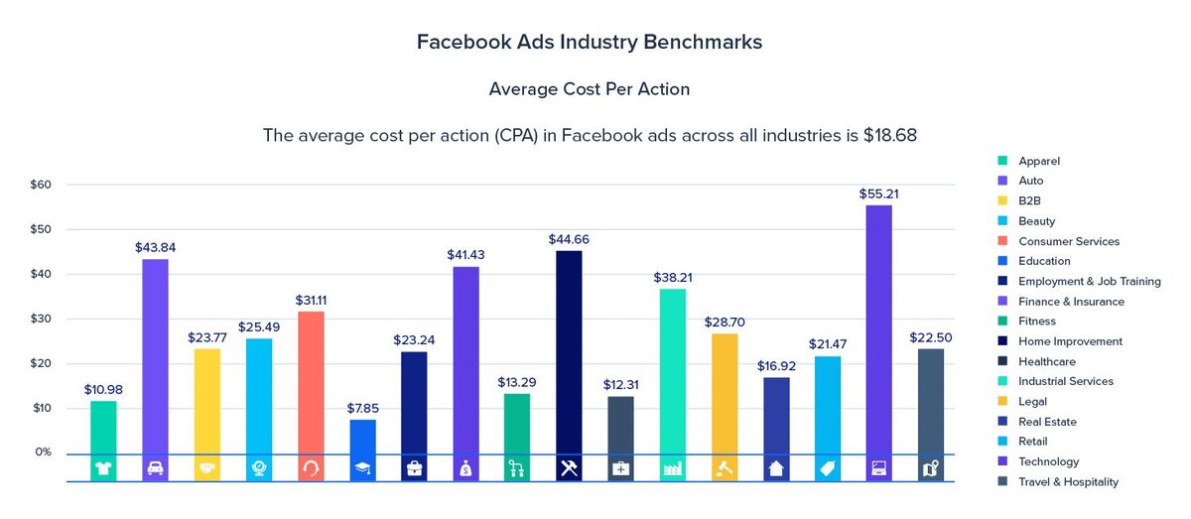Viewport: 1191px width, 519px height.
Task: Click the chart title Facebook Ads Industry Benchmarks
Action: click(x=589, y=43)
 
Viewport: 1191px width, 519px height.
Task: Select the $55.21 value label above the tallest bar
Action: click(x=879, y=194)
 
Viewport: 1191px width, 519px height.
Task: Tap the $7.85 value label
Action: click(x=362, y=408)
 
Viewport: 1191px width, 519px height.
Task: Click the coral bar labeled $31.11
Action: click(x=311, y=382)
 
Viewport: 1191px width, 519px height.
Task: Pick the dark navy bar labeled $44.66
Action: click(x=569, y=352)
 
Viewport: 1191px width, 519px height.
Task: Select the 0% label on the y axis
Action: click(x=43, y=453)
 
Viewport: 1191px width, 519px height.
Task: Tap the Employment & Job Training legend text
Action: click(x=1089, y=281)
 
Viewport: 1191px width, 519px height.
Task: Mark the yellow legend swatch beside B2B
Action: click(x=1003, y=201)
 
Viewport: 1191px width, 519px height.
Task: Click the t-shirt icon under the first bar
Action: click(x=103, y=468)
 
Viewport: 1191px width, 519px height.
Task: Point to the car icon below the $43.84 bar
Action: click(x=155, y=468)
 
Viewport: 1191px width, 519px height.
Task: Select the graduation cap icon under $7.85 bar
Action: click(x=362, y=468)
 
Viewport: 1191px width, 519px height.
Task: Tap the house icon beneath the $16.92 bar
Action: click(x=776, y=468)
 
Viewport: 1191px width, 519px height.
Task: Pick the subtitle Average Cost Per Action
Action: click(x=589, y=89)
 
